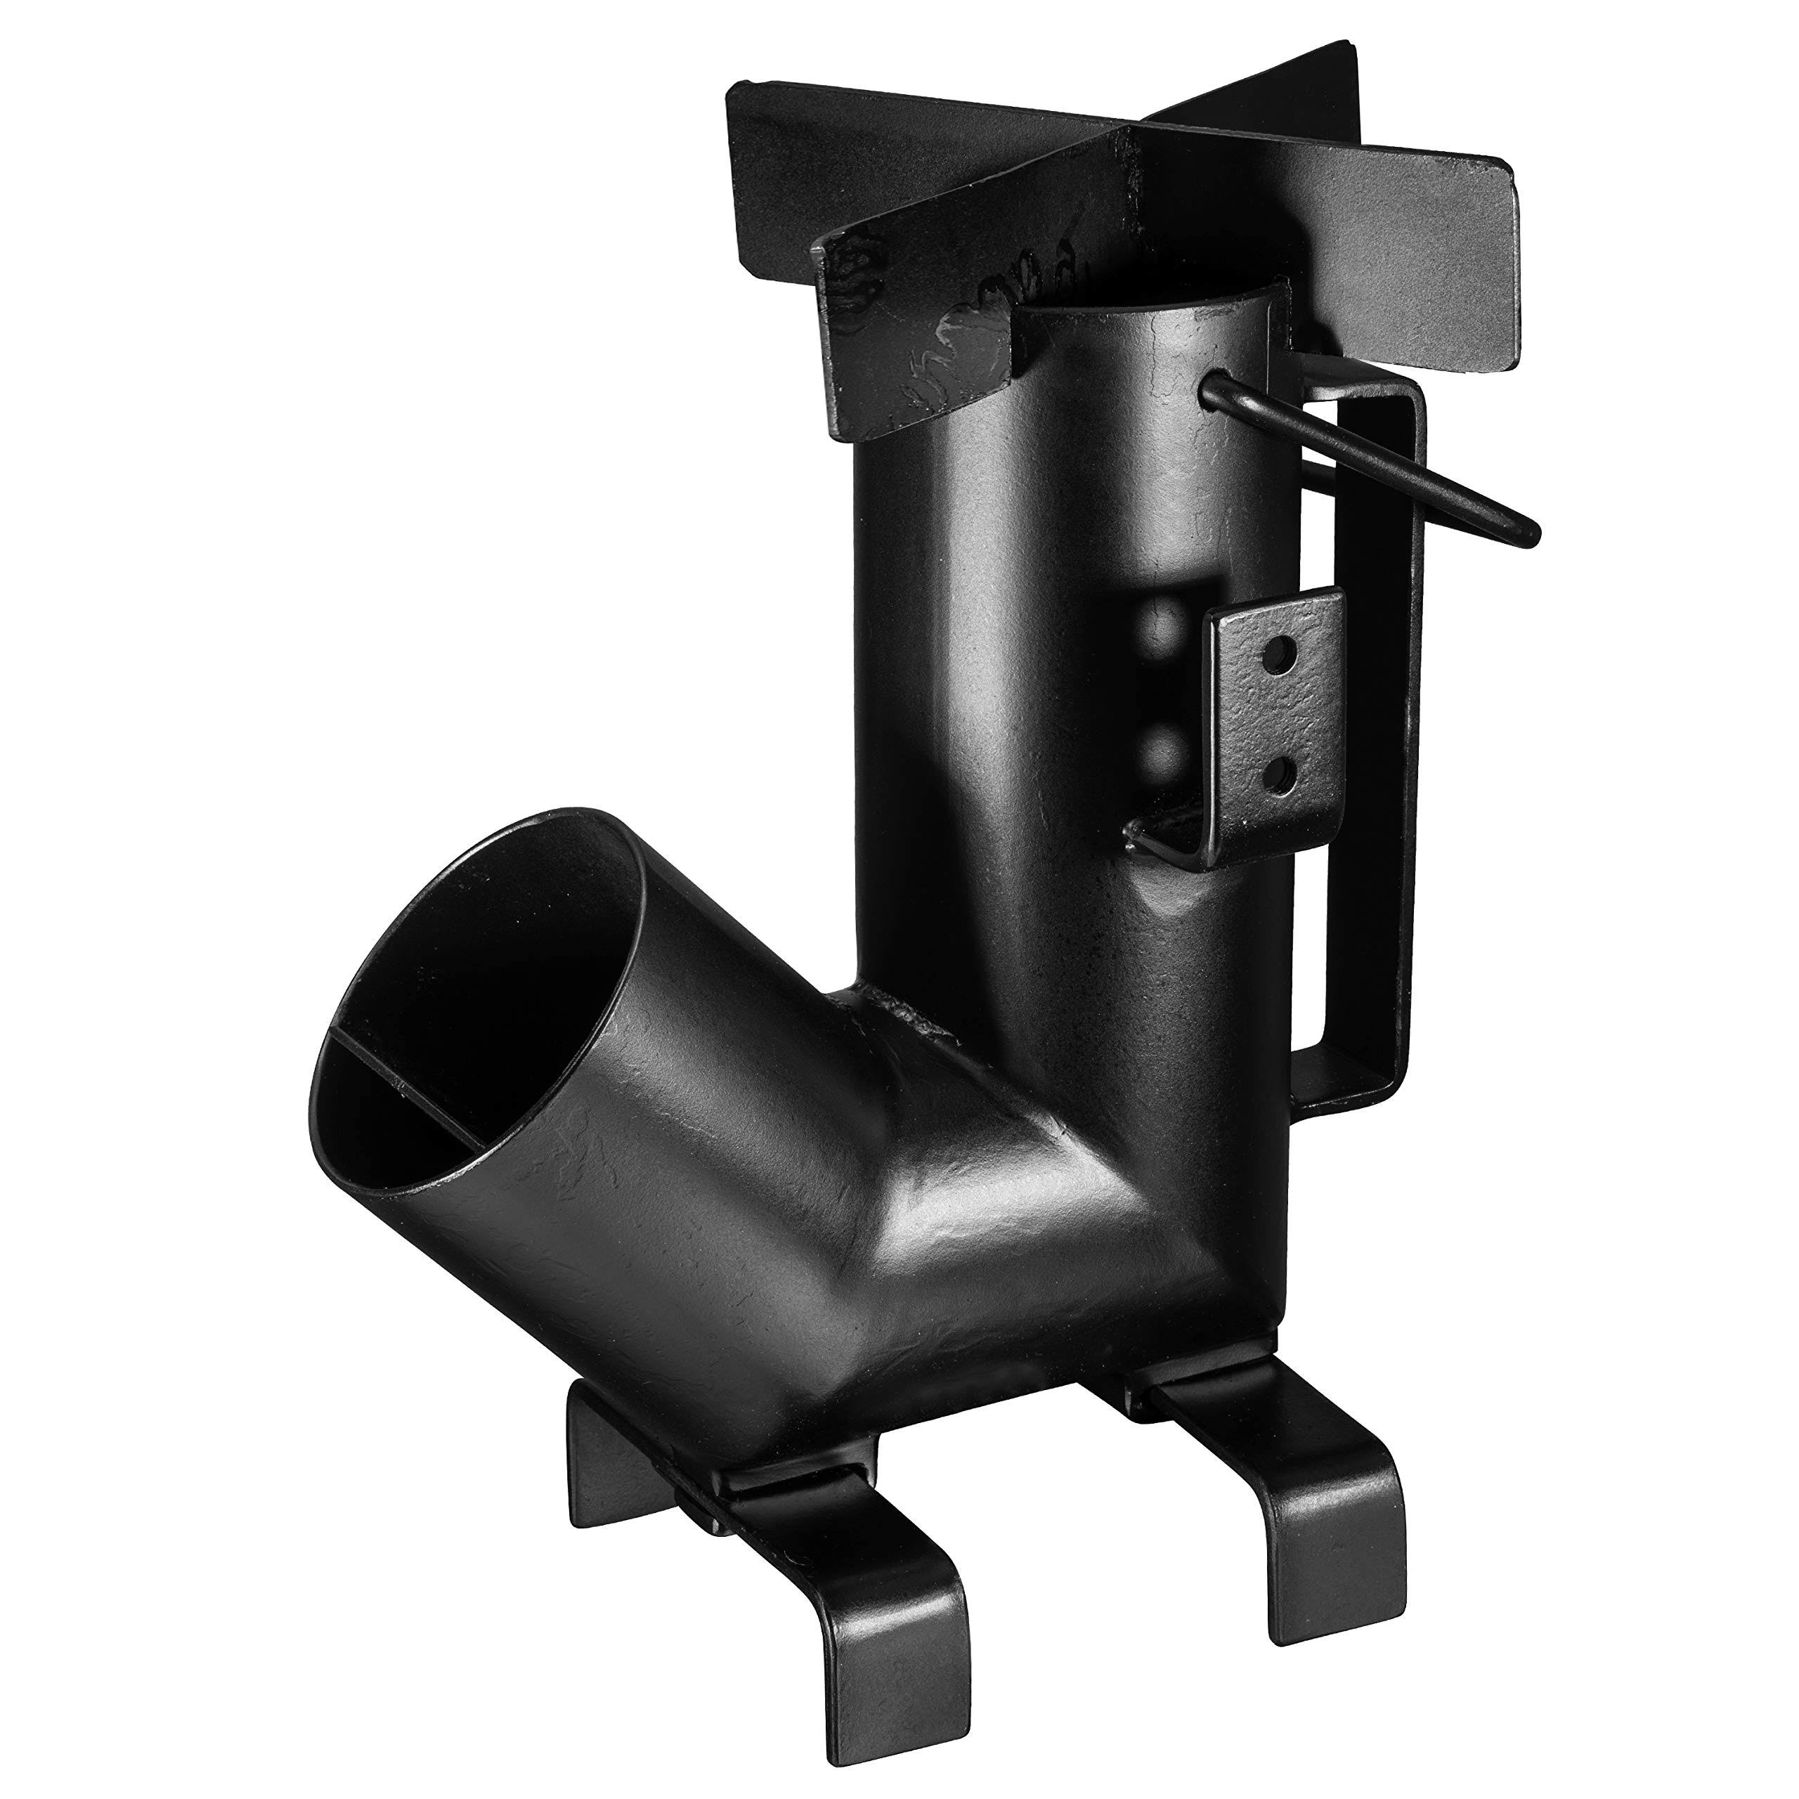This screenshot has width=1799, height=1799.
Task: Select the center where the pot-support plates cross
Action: point(1131,163)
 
